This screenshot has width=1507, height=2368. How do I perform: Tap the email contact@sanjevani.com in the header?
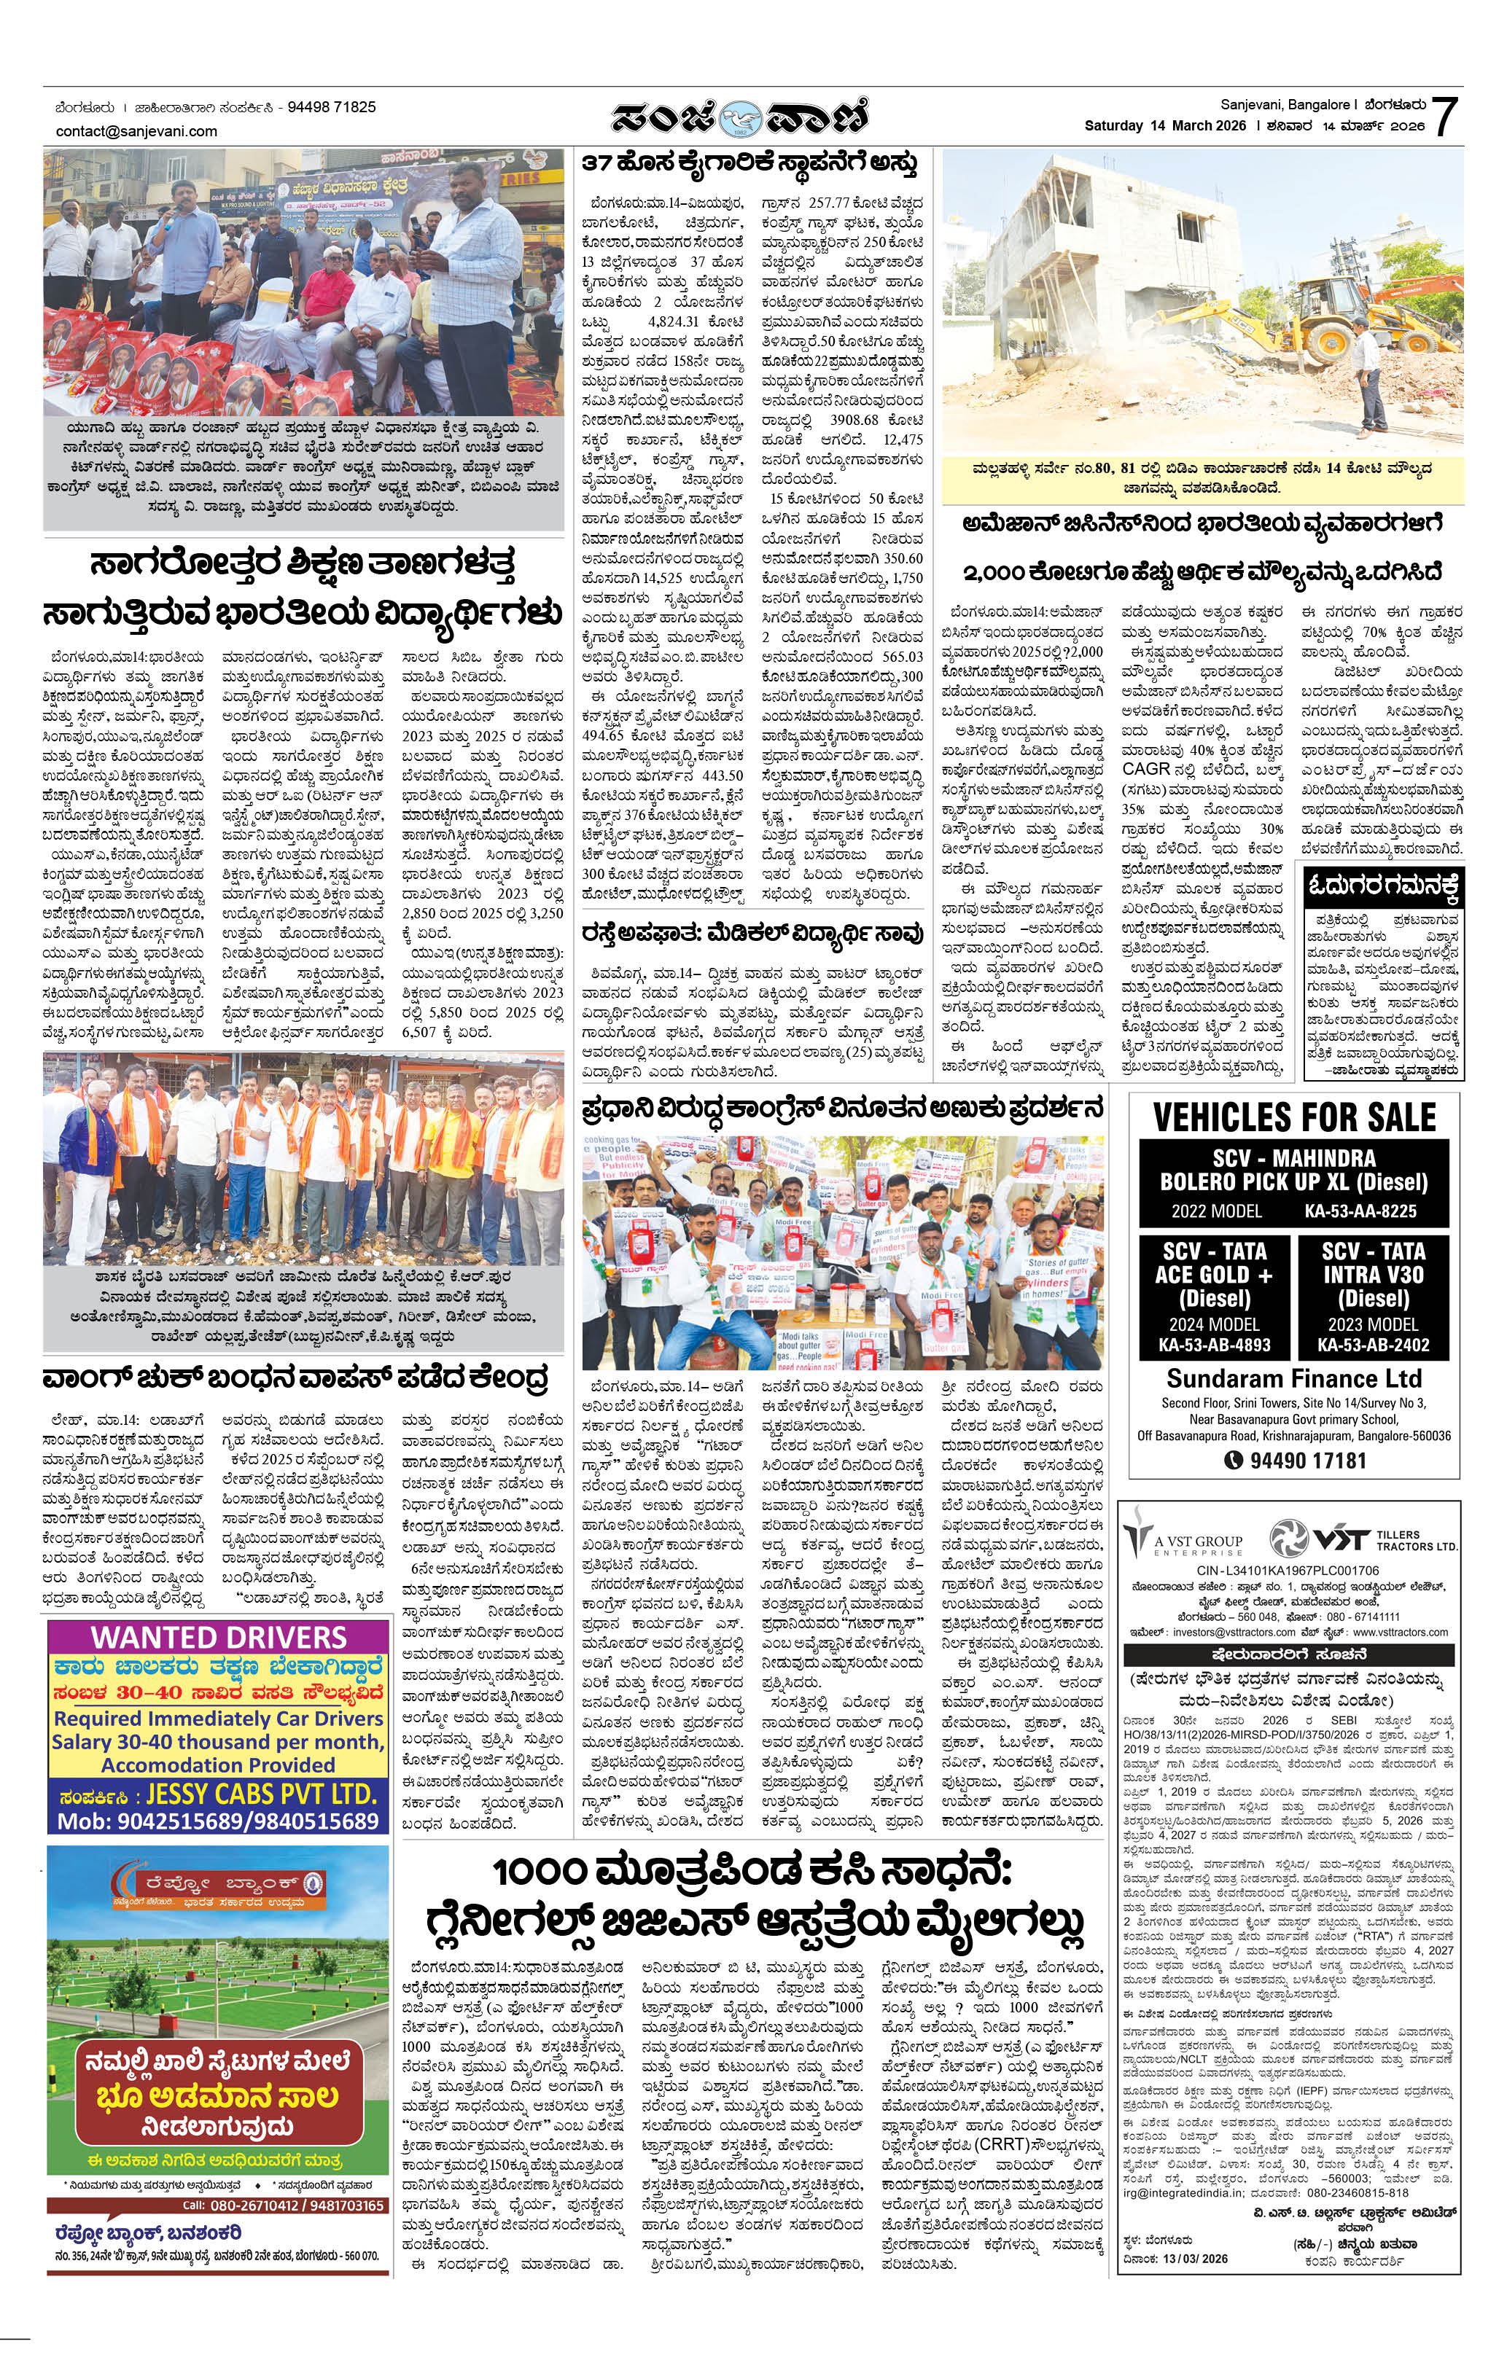pos(137,130)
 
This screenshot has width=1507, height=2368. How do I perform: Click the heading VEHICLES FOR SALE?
pos(1293,1116)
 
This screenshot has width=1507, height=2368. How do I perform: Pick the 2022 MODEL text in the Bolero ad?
pos(1216,1211)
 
